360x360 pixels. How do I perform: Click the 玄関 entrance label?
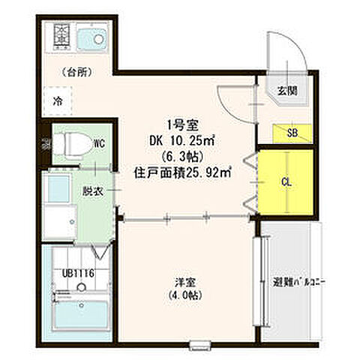288,91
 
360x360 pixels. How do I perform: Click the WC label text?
98,141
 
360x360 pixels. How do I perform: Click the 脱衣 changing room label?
92,190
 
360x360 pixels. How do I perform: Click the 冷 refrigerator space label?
57,98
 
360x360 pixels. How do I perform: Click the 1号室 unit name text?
182,125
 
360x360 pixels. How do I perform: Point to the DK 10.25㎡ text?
183,140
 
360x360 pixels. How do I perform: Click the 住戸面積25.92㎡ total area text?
183,172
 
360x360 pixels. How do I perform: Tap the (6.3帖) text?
181,156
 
